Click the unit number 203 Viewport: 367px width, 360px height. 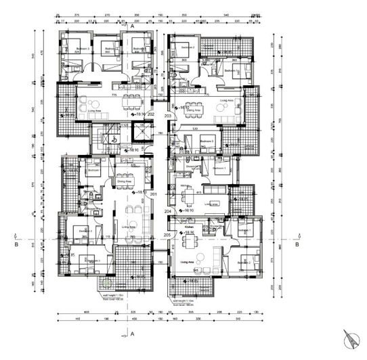point(167,116)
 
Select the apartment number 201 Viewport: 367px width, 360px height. point(154,196)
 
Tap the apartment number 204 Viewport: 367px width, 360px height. point(167,211)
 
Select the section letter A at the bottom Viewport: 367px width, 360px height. point(133,334)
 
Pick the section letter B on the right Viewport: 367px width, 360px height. point(297,245)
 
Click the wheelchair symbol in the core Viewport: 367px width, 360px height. point(115,139)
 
